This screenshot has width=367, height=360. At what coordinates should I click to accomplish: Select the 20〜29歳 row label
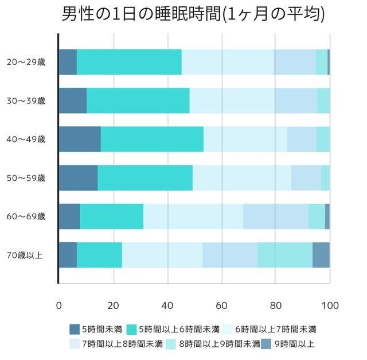click(26, 62)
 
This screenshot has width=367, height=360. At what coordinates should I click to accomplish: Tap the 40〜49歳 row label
click(26, 139)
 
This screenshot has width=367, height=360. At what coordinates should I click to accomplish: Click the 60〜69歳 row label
click(26, 216)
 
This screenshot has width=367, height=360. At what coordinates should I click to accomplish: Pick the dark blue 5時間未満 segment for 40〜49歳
click(80, 139)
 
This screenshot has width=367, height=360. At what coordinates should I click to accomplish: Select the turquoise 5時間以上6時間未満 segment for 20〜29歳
click(129, 62)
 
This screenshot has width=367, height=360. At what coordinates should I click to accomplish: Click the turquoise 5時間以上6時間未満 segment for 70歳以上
click(99, 255)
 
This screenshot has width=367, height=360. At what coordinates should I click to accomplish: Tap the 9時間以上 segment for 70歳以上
click(321, 255)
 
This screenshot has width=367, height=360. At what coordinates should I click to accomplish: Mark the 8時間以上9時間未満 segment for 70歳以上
click(285, 255)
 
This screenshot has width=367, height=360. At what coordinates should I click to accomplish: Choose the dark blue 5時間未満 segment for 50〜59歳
click(78, 177)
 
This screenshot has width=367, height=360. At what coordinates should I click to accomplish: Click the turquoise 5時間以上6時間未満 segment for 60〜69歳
click(112, 216)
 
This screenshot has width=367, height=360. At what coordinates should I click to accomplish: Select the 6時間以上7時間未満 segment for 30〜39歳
click(232, 100)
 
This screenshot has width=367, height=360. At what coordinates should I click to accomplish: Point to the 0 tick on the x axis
click(58, 305)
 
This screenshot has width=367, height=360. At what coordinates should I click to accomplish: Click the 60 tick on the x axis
click(221, 305)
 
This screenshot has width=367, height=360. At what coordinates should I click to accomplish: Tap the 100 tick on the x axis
click(330, 305)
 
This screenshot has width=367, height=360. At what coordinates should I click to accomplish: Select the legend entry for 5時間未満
click(95, 330)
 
